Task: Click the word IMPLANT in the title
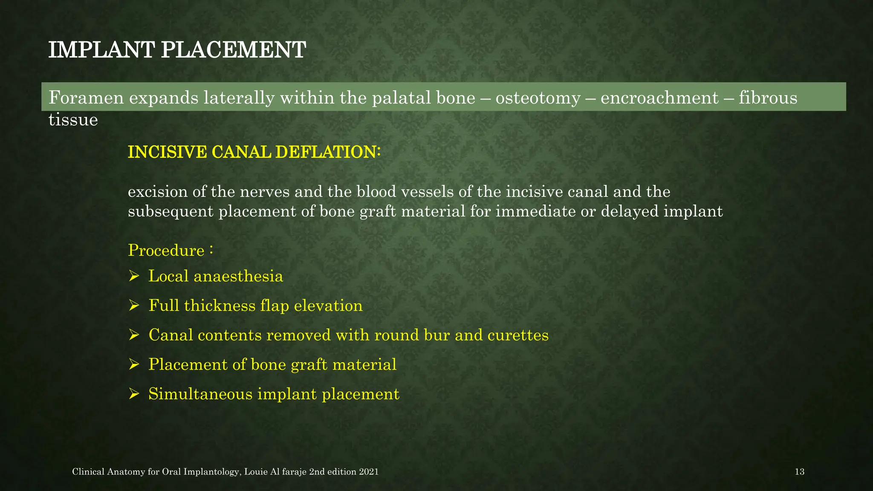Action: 101,50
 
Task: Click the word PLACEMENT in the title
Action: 233,50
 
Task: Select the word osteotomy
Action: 538,98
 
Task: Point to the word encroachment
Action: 659,98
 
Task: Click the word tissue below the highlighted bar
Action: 73,120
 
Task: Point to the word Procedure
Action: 166,251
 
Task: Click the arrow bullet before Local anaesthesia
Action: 134,277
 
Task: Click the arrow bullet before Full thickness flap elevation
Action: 134,306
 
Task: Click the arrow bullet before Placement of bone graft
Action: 134,364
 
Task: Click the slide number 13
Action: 800,472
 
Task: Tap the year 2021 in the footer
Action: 369,472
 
